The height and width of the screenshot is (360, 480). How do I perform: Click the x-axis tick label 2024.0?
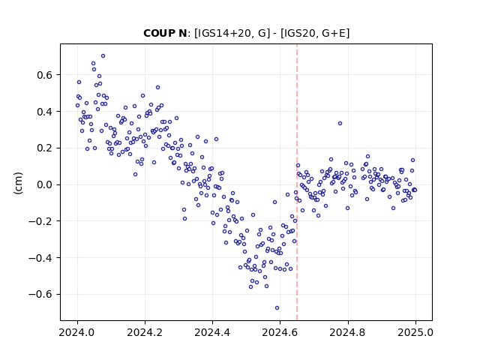pos(77,332)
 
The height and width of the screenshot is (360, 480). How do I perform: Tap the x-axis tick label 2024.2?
pos(145,332)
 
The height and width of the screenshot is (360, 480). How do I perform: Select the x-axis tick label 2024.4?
pos(212,332)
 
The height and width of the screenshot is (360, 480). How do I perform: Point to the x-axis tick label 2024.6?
pos(280,332)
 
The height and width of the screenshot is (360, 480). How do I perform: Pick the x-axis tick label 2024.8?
pos(347,332)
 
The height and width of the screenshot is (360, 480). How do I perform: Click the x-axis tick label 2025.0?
pos(415,332)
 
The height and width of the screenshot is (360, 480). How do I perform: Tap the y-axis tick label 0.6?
pos(44,75)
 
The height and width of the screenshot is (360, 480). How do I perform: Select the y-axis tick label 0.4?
pos(44,112)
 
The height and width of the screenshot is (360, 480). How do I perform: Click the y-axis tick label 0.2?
pos(44,148)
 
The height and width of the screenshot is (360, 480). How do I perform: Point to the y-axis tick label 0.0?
pos(44,185)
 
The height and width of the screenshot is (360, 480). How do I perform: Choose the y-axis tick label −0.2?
pos(40,221)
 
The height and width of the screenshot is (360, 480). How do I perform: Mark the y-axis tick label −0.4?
pos(40,258)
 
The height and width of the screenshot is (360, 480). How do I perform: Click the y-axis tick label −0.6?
pos(40,295)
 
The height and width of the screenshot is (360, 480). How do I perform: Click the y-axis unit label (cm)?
pos(18,183)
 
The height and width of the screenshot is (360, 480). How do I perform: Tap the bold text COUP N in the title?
pos(165,33)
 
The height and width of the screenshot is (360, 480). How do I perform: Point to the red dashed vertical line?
pos(297,182)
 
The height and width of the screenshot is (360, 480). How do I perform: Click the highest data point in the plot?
pos(103,56)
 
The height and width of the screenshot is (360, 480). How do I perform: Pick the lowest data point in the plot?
pos(277,308)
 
